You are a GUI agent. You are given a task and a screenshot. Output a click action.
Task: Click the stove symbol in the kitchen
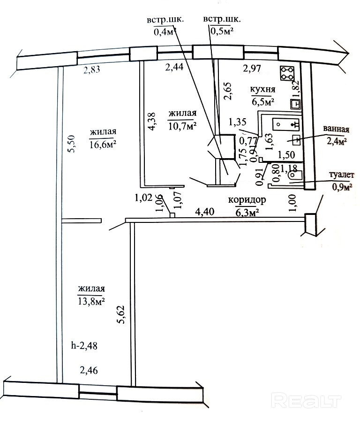point(287,74)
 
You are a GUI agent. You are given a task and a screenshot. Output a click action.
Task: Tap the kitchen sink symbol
point(295,105)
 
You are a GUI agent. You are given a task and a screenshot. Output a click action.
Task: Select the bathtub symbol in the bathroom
point(286,125)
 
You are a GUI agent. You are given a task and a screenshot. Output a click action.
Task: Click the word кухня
point(262,89)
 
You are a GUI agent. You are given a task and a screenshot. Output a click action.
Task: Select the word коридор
point(247,200)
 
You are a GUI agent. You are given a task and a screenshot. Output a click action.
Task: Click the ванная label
point(336,129)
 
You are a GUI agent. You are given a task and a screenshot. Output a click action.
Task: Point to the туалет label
point(342,175)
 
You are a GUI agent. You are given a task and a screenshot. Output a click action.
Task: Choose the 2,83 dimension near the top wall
point(92,70)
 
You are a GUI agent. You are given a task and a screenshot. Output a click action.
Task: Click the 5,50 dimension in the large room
point(73,144)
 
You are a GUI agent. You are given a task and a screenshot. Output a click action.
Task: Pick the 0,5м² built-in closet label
point(222,31)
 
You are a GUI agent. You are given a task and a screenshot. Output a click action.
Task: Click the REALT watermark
point(307,400)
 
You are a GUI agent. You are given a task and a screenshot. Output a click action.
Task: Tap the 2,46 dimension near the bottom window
point(89,370)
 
